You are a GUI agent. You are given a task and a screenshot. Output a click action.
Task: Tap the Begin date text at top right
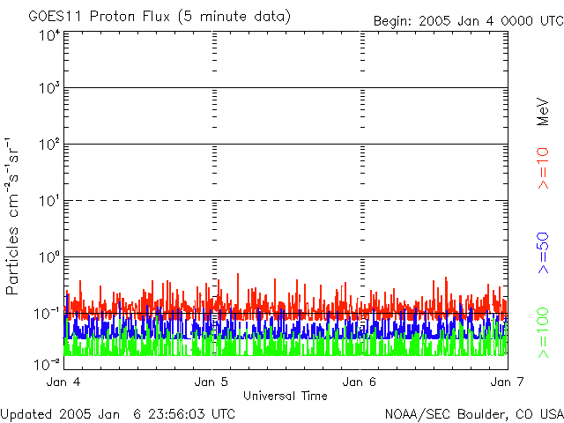[468, 21]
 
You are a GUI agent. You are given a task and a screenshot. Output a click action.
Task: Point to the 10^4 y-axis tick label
[50, 36]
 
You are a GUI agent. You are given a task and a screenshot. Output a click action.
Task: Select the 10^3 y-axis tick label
[50, 88]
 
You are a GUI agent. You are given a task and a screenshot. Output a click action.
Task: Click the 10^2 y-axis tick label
[50, 145]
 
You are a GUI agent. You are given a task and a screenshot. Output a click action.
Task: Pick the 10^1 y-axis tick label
[50, 201]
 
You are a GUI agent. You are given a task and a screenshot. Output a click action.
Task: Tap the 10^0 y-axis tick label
[50, 257]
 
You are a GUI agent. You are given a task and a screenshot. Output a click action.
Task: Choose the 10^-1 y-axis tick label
[48, 314]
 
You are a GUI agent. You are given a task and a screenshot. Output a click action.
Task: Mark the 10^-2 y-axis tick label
[48, 365]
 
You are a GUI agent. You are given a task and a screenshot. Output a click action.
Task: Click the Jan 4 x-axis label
[63, 382]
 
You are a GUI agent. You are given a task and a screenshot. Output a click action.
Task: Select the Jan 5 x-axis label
[211, 382]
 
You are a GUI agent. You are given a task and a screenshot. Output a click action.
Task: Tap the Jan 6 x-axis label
[360, 382]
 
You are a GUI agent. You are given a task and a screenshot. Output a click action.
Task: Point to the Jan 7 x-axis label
[508, 382]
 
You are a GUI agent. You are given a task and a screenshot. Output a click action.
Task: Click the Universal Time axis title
[286, 396]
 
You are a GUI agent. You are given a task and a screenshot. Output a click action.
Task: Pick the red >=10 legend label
[543, 168]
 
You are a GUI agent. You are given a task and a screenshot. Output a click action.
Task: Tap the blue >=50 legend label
[543, 253]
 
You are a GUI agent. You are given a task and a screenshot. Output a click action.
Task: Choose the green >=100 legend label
[543, 333]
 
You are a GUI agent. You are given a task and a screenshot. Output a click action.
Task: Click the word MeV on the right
[543, 112]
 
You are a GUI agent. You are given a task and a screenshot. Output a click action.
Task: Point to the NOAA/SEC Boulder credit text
[474, 414]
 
